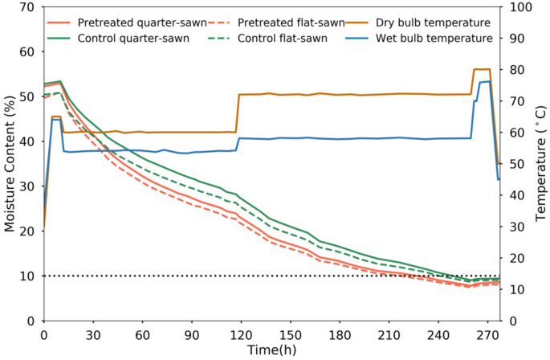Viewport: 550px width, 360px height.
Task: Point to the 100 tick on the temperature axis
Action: [x=515, y=7]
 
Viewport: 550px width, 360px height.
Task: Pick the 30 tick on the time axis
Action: [x=93, y=334]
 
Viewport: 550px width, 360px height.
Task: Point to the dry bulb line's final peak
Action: [x=482, y=69]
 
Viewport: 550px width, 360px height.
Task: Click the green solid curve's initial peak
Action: [x=60, y=81]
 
